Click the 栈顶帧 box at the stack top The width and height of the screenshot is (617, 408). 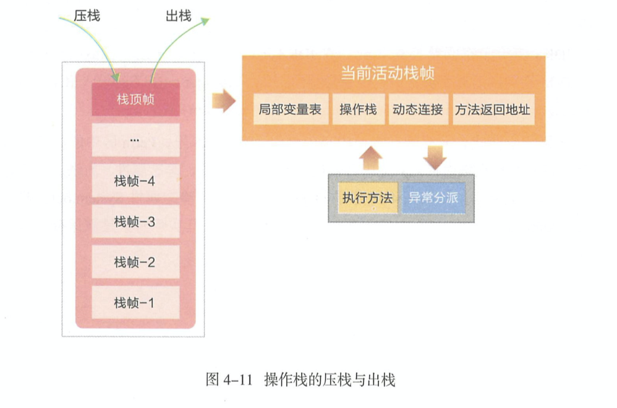point(135,99)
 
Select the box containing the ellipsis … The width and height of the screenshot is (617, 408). point(135,140)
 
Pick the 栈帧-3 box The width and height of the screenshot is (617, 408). point(135,221)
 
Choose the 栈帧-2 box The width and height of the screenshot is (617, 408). point(135,262)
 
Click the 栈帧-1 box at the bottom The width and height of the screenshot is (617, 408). point(135,303)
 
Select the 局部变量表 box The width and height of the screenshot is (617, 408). point(291,110)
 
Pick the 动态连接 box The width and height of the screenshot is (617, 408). point(418,110)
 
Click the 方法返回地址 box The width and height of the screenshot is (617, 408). point(493,110)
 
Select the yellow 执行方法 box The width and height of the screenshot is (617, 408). point(367,198)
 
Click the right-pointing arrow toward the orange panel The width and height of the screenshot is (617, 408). point(223,100)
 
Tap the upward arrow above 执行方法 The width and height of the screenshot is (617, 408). point(370,158)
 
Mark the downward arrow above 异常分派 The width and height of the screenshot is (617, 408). point(435,158)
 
